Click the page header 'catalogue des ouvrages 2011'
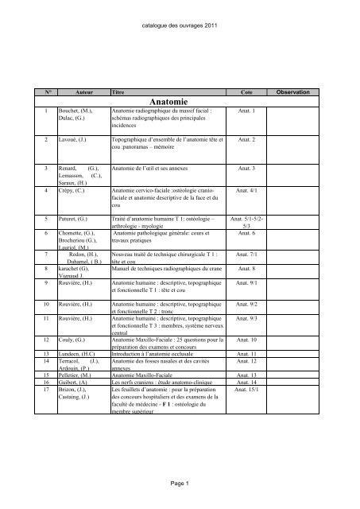tap(180, 25)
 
